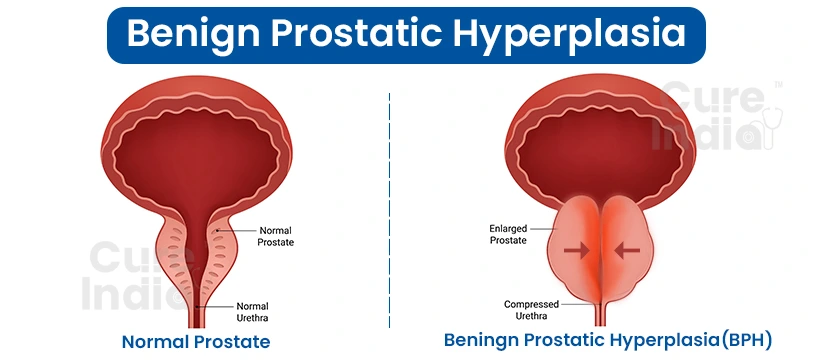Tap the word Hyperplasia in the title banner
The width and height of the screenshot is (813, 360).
(x=586, y=33)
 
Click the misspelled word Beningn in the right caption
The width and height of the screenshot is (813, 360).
(x=485, y=341)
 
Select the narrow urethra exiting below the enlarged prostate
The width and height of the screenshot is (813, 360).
(x=602, y=317)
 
